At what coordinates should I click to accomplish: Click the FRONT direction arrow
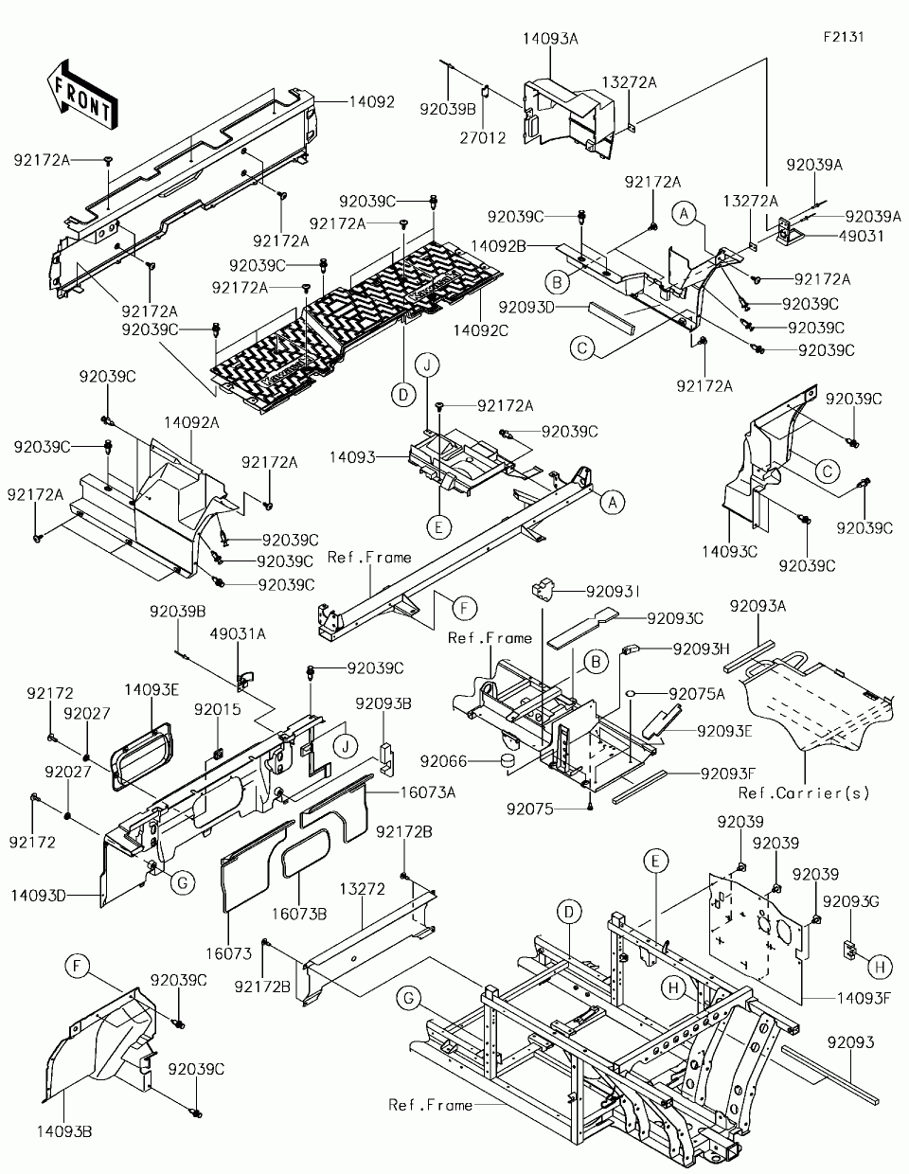[80, 93]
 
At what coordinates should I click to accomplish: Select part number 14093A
[550, 39]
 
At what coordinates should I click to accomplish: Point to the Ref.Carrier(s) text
[803, 792]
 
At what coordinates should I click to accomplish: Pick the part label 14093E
[151, 690]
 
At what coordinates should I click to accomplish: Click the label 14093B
[65, 1130]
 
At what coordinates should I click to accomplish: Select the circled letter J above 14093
[427, 365]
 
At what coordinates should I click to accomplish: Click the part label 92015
[218, 709]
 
